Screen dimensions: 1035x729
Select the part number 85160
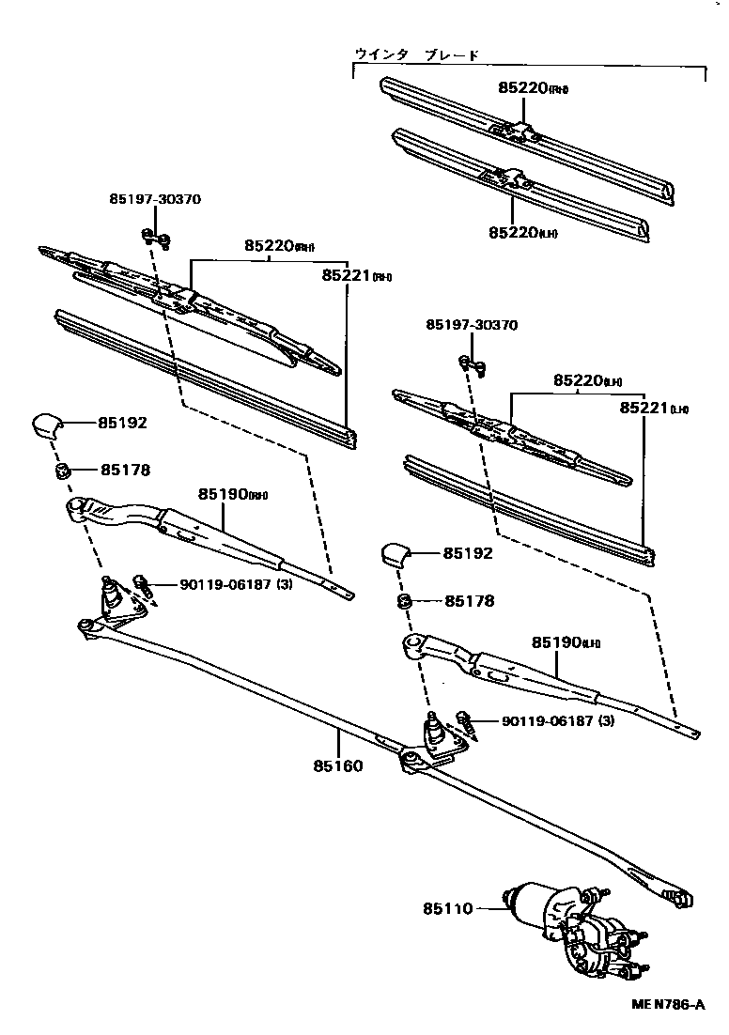(337, 765)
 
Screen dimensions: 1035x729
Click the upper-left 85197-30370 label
(155, 199)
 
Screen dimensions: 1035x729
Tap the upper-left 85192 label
(123, 424)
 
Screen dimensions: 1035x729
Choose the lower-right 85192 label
(468, 554)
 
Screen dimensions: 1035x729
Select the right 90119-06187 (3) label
(557, 721)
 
